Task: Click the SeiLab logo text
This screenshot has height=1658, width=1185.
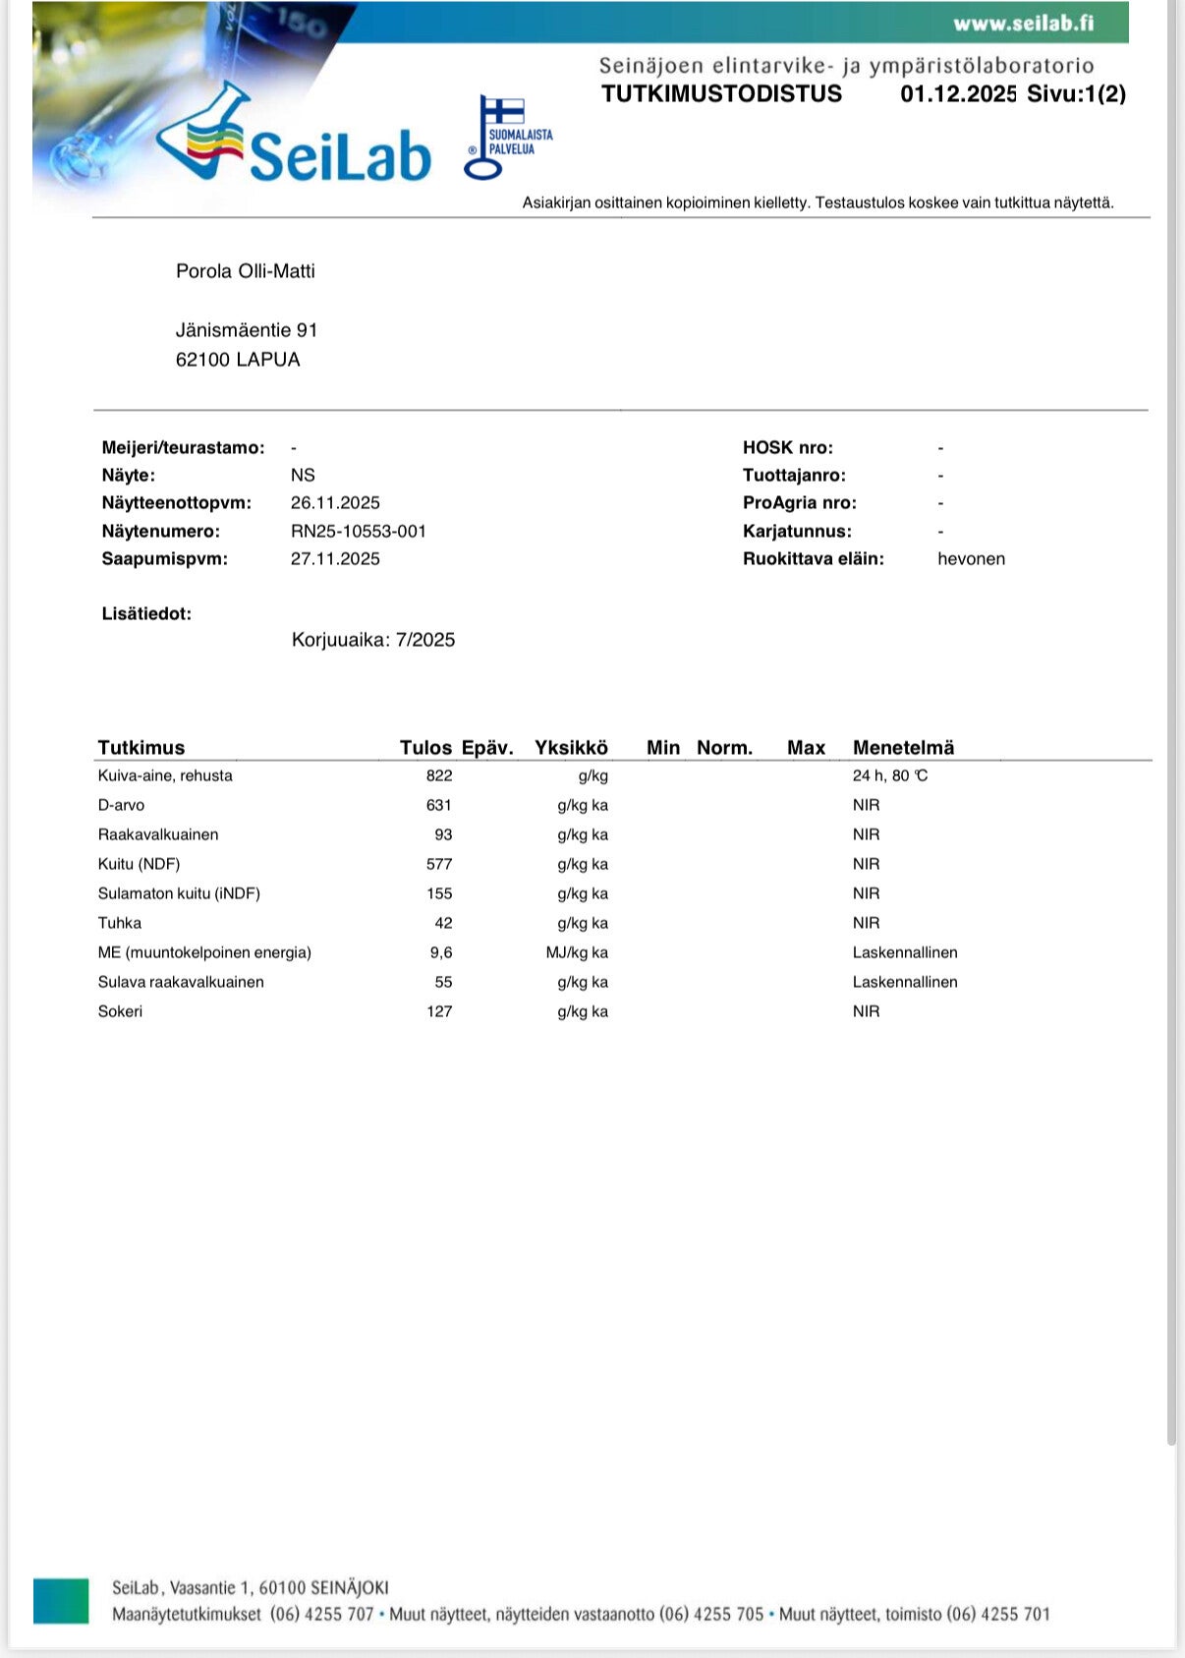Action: pos(339,155)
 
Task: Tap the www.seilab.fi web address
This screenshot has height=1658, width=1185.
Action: pos(1023,23)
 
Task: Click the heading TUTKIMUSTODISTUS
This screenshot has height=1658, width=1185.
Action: pos(721,94)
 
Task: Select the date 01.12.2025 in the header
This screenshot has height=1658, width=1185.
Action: pos(958,94)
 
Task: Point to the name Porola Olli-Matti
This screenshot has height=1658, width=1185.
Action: pos(246,271)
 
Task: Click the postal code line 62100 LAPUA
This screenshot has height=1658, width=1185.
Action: pos(238,360)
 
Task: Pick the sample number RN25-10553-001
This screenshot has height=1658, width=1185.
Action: pos(359,532)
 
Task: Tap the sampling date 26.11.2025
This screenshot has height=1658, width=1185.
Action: pos(335,503)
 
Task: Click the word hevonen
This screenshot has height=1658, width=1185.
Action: pos(971,559)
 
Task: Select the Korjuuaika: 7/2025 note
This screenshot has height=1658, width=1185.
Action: pos(373,640)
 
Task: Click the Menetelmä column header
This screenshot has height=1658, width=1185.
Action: pos(903,748)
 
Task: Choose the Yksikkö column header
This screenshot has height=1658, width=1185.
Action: pos(571,748)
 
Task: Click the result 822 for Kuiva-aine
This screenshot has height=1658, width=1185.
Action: pos(439,775)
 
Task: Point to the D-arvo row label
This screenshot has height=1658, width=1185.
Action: pos(121,805)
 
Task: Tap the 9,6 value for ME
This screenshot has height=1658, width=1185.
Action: pos(441,952)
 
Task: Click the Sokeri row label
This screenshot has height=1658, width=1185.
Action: pos(120,1011)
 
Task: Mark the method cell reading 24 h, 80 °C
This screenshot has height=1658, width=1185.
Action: pos(889,775)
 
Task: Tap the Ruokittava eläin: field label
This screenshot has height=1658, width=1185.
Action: pos(813,559)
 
